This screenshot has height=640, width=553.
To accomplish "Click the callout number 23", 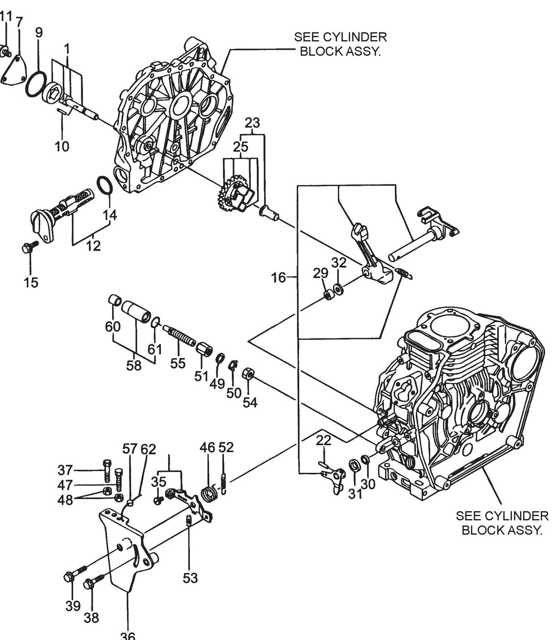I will click(x=252, y=123).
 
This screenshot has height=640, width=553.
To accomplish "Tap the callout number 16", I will click(x=279, y=277).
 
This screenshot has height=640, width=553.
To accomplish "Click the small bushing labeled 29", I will click(x=328, y=295).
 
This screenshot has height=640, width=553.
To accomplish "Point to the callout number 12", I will click(x=93, y=245).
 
